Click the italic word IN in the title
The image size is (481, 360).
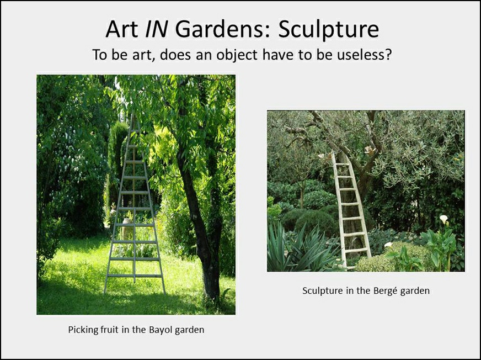click(156, 29)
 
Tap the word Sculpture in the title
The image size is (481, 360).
click(329, 29)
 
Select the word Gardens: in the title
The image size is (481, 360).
click(223, 29)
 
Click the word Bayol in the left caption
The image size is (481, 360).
click(161, 330)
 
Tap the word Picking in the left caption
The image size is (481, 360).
click(82, 330)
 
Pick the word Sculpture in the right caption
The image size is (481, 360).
click(323, 291)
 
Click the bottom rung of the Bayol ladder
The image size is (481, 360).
click(135, 276)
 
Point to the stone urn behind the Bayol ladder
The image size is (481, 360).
click(127, 228)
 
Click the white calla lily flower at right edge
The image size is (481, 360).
click(444, 219)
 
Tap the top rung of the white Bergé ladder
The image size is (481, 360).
click(342, 165)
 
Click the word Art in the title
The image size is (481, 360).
click(121, 29)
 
